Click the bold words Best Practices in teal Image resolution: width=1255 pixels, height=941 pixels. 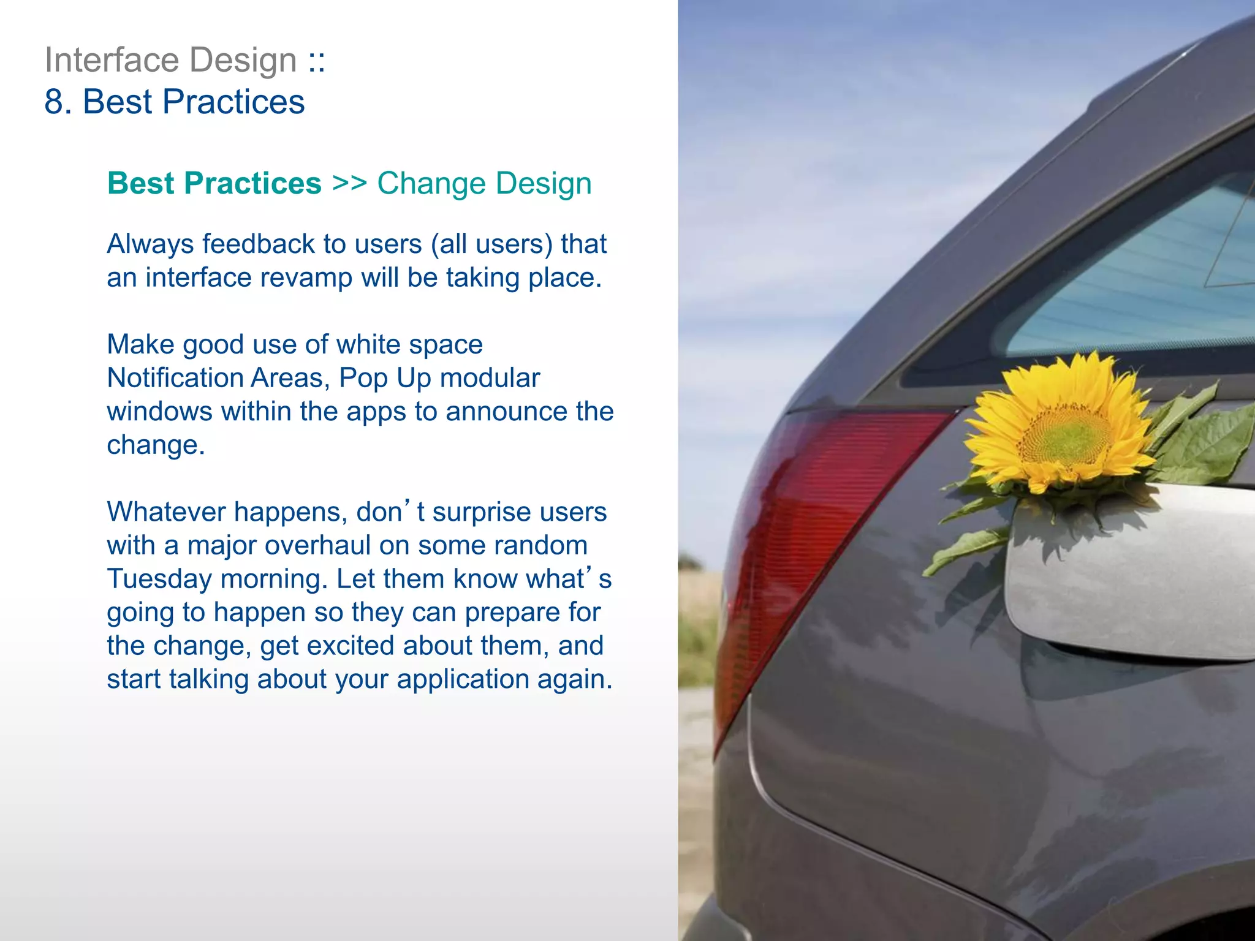[214, 183]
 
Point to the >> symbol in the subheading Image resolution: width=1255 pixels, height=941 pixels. [349, 183]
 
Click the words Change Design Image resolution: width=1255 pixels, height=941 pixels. [484, 183]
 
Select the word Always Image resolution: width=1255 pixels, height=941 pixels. [150, 244]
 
